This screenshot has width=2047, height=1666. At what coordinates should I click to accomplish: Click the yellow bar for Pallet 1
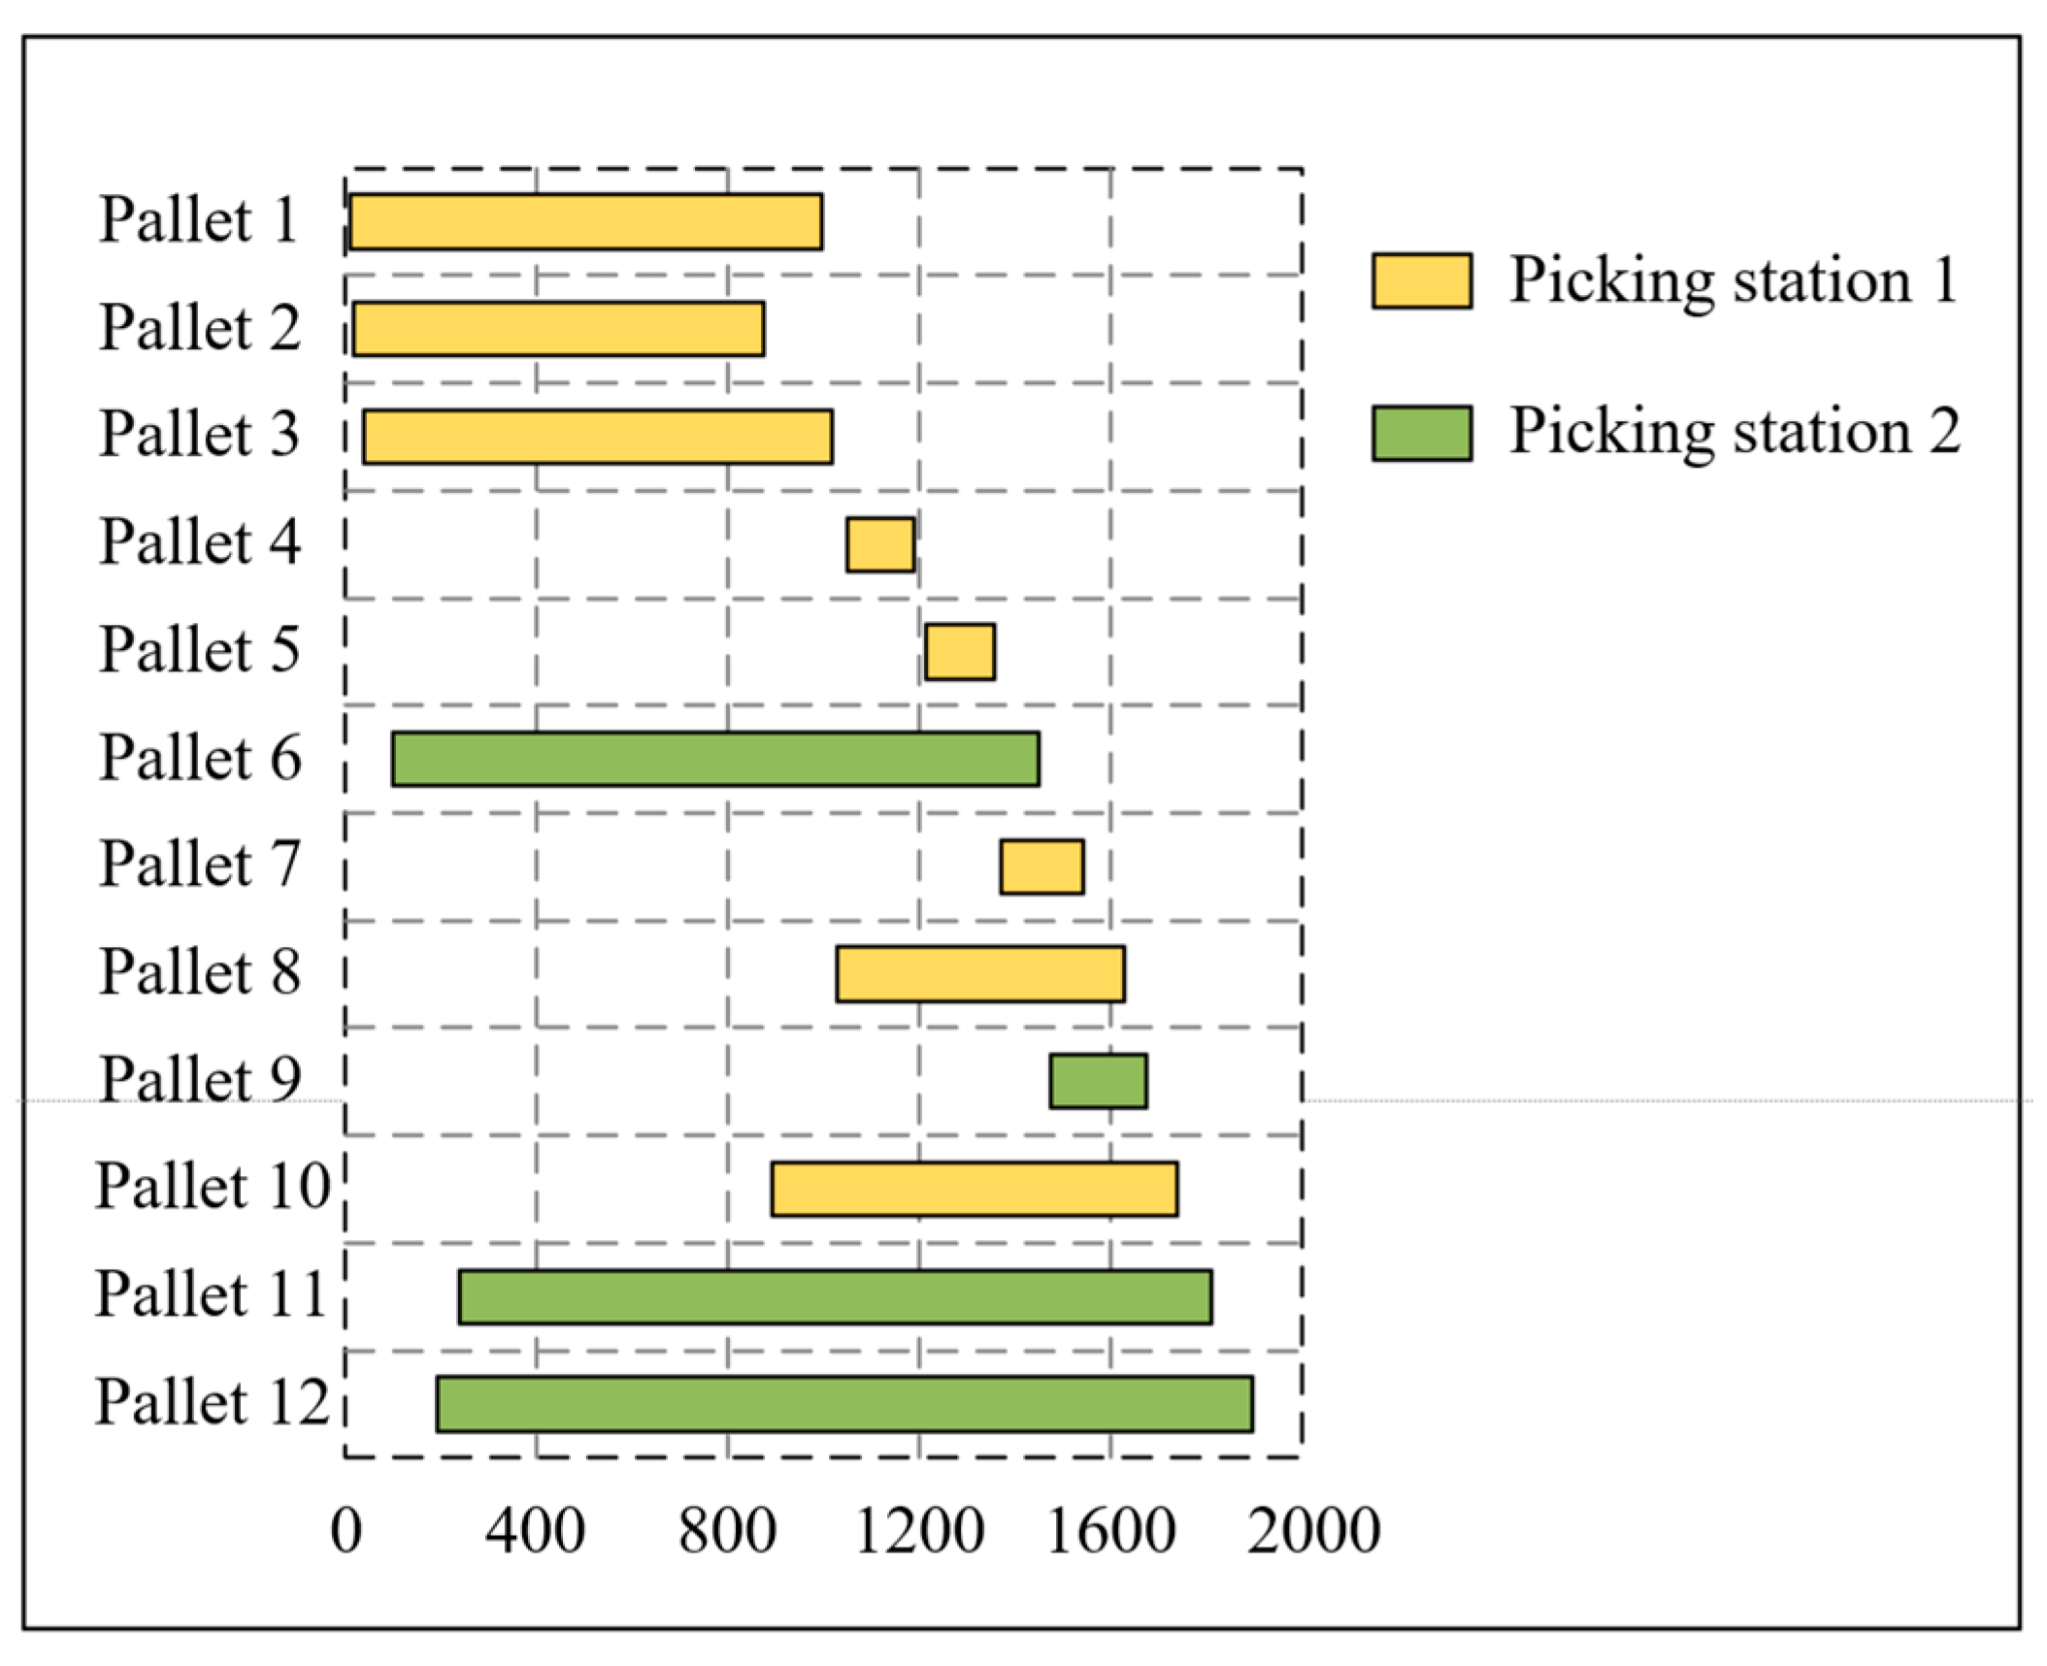pyautogui.click(x=585, y=221)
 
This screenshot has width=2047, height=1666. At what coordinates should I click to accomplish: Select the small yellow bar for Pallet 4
pyautogui.click(x=880, y=544)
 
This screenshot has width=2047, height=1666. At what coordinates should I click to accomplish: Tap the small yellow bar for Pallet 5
pyautogui.click(x=959, y=652)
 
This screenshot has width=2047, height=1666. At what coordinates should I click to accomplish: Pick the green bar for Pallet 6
pyautogui.click(x=715, y=759)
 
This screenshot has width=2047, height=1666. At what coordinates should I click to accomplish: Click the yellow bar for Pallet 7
pyautogui.click(x=1041, y=866)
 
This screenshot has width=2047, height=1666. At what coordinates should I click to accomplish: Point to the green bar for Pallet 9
pyautogui.click(x=1098, y=1081)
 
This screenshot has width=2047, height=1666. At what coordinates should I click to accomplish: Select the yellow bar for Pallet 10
pyautogui.click(x=974, y=1189)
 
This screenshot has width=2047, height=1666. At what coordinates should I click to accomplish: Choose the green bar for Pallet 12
pyautogui.click(x=844, y=1403)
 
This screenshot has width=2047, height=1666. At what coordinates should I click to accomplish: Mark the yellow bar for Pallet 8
pyautogui.click(x=980, y=974)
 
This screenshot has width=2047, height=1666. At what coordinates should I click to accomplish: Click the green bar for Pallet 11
pyautogui.click(x=835, y=1296)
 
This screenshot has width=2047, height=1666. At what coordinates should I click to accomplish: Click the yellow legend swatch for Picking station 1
pyautogui.click(x=1421, y=280)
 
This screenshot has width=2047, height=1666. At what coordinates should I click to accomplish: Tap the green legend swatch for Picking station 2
pyautogui.click(x=1421, y=433)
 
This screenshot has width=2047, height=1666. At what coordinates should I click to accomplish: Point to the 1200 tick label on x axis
pyautogui.click(x=919, y=1532)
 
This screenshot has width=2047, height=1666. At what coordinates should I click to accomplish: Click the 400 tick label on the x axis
pyautogui.click(x=535, y=1532)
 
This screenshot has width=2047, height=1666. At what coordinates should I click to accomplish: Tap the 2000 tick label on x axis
pyautogui.click(x=1312, y=1532)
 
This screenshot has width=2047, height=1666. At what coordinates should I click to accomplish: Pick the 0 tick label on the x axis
pyautogui.click(x=346, y=1532)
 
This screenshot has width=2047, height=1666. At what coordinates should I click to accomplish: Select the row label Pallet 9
pyautogui.click(x=200, y=1079)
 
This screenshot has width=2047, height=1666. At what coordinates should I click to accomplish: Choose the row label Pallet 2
pyautogui.click(x=199, y=327)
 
